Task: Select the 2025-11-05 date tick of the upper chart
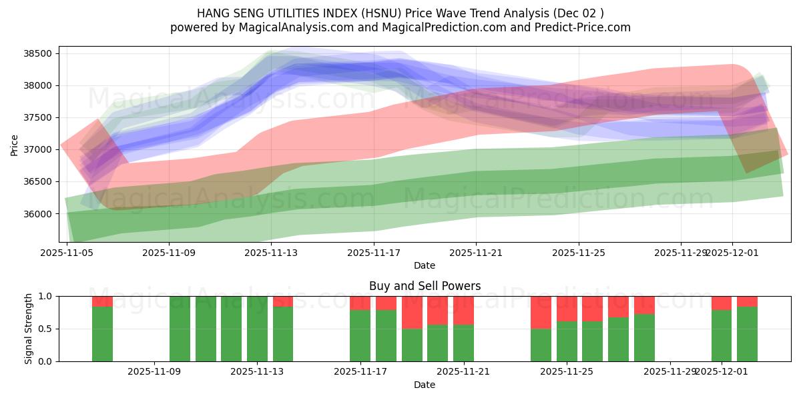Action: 67,253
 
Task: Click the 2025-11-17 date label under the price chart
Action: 374,253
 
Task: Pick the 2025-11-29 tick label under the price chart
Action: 680,253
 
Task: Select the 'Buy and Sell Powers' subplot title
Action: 425,286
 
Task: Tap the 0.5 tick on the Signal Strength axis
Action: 49,329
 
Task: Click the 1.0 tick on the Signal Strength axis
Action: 49,296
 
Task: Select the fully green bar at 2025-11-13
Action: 257,329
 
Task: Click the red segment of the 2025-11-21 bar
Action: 463,310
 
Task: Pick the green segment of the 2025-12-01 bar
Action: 721,336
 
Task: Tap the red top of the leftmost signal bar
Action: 102,301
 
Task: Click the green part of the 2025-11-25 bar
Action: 567,341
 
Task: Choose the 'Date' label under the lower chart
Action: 425,385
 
